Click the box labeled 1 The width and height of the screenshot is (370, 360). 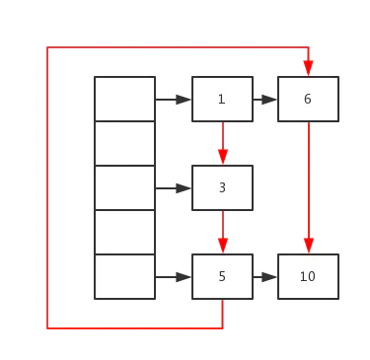[x=222, y=99]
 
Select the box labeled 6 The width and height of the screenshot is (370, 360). [x=308, y=99]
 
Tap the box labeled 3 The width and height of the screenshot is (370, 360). [x=222, y=187]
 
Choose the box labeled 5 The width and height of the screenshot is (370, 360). [x=222, y=276]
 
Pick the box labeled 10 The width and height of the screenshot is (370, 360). [x=308, y=276]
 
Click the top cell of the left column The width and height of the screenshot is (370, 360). [x=125, y=98]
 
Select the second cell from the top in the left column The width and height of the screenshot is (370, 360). [x=125, y=143]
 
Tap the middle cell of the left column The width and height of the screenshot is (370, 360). [x=125, y=187]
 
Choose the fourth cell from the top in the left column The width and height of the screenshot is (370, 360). [x=125, y=232]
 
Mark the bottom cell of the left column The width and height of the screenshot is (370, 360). [x=125, y=276]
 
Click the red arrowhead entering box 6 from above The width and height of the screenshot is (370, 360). [x=308, y=67]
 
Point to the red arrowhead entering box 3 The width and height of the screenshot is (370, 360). [x=223, y=156]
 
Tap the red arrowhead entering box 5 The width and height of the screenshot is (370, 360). [x=223, y=245]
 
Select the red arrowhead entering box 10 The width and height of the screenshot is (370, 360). [x=308, y=245]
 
